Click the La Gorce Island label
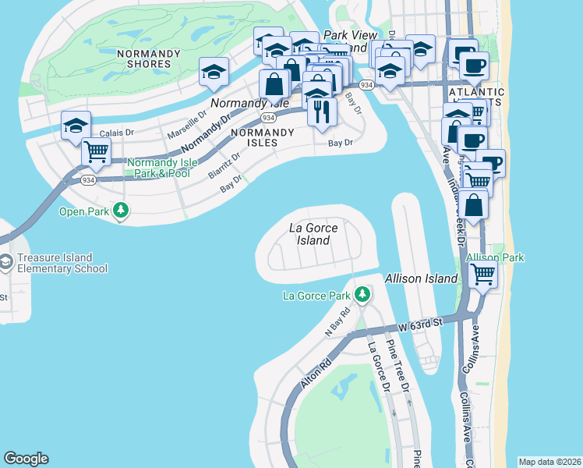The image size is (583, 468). click(313, 234)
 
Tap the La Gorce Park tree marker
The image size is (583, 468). click(362, 294)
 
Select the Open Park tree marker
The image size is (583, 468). click(120, 210)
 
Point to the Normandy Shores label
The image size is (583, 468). click(143, 58)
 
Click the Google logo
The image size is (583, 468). click(26, 459)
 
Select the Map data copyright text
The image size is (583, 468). click(549, 462)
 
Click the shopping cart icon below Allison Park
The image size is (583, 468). click(483, 274)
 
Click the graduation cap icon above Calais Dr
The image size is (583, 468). click(76, 125)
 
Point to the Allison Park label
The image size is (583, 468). click(495, 257)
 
